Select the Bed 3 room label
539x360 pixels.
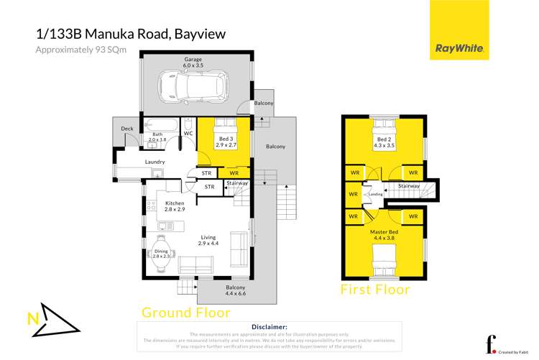point(226,140)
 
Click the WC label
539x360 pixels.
point(188,133)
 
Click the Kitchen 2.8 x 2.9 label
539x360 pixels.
point(175,207)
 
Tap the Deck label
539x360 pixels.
point(127,129)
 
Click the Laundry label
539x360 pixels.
point(156,162)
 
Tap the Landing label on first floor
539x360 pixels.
point(374,193)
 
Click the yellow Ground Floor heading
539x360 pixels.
point(185,313)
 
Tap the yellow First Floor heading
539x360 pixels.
point(374,290)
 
